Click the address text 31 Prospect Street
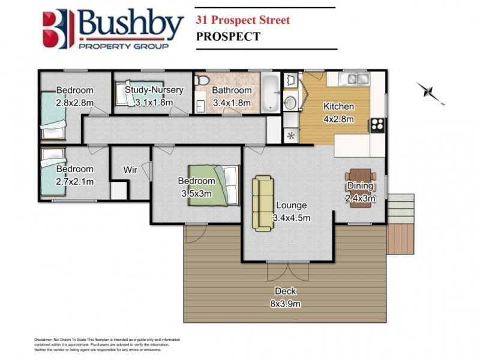pos(242,20)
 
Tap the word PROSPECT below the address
pos(228,37)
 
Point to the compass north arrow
pos(431,92)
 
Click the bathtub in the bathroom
pos(272,92)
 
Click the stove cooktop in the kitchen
pos(378,125)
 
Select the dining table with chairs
pos(360,188)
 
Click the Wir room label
pos(130,170)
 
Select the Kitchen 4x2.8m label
pos(338,113)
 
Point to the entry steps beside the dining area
pos(400,208)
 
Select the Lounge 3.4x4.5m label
pos(291,211)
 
